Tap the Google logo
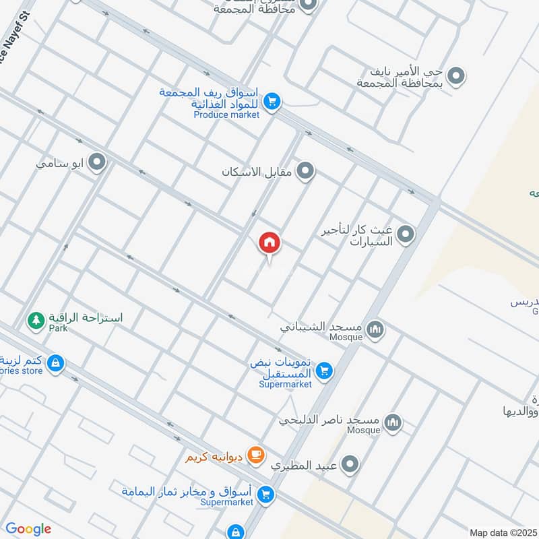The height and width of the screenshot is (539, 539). point(28,529)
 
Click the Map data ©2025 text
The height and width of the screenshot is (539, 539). point(501,532)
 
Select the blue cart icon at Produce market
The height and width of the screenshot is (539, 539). point(272,102)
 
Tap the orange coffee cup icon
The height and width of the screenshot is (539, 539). point(255,456)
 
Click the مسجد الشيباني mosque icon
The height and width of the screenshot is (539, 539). point(376,329)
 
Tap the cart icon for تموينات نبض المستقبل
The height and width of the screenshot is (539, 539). point(325,370)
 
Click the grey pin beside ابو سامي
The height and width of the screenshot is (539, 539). point(98,162)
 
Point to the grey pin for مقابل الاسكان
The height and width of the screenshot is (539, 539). point(306,171)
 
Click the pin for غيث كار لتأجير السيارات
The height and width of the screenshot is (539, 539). point(406,235)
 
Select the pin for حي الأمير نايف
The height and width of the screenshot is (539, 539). point(457,75)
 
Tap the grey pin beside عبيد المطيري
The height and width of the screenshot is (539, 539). point(350,464)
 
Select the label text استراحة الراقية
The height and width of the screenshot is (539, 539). point(84,317)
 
